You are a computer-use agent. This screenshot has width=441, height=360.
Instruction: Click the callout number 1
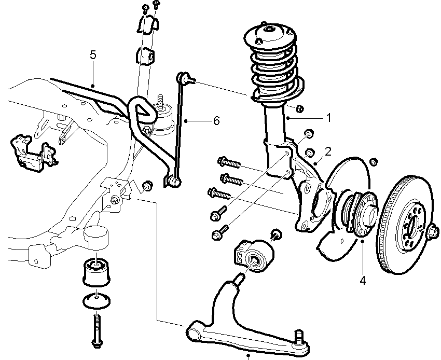pos(328,118)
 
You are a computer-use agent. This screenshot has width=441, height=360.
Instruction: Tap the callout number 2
pos(328,151)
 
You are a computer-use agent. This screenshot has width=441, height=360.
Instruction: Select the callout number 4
pos(363,281)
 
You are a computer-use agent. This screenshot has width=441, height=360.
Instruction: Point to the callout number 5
pos(93,55)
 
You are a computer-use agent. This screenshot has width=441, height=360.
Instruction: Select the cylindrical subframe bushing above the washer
pos(97,271)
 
